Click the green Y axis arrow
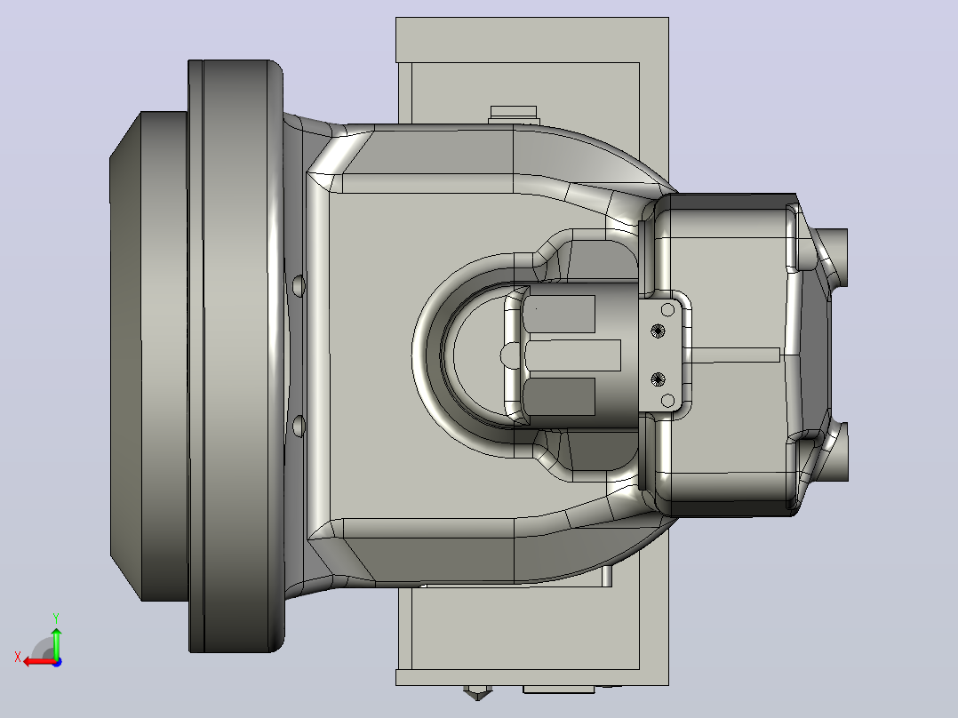56,642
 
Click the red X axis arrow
40,661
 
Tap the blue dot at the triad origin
57,662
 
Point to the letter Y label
56,618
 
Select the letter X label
18,657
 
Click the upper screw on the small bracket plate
658,331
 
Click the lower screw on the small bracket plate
658,379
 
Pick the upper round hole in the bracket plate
667,310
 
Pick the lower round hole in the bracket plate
667,401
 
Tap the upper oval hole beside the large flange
299,285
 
